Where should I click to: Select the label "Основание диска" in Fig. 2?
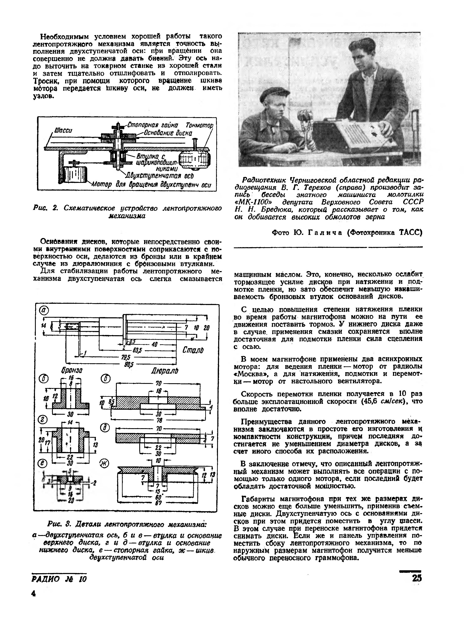tap(168, 133)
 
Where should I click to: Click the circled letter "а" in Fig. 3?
tap(44, 310)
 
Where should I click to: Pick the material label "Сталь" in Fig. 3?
tap(193, 350)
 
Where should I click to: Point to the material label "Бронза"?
tap(72, 371)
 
